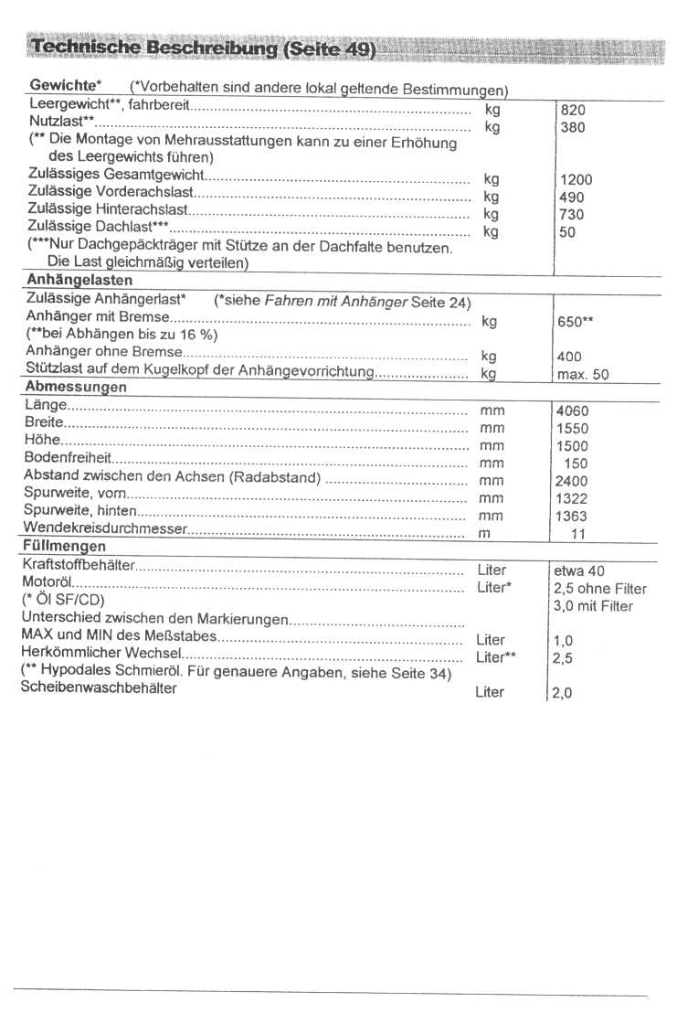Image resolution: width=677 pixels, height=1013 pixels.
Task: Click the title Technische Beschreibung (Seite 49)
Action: [x=203, y=47]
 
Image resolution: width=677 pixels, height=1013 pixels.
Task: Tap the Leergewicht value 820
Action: [x=571, y=111]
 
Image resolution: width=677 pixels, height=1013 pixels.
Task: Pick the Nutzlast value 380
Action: [x=571, y=128]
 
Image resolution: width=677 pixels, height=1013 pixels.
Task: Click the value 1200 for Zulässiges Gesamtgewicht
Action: [x=575, y=180]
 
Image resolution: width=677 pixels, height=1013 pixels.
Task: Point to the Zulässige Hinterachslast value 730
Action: [x=571, y=214]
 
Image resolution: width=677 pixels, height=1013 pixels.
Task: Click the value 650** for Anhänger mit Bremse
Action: [x=576, y=322]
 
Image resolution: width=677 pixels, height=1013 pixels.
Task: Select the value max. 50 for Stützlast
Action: [x=582, y=374]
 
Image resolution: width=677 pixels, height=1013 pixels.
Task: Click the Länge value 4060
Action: [x=572, y=411]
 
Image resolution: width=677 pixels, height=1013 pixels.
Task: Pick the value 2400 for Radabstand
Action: [x=571, y=481]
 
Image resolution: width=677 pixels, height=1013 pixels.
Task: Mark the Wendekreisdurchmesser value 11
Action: [x=577, y=533]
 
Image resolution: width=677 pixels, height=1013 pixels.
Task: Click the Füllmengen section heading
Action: [x=63, y=546]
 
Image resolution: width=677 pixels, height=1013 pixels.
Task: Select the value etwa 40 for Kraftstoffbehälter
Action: [x=579, y=571]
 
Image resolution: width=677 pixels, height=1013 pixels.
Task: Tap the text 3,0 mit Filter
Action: [x=593, y=606]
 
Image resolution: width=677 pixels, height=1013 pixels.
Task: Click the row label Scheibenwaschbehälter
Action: [x=99, y=688]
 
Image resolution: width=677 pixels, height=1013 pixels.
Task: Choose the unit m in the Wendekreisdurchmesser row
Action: [x=484, y=533]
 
